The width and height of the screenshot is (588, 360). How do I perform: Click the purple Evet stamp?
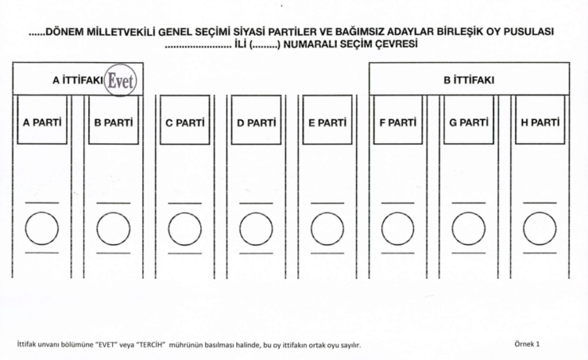[120, 80]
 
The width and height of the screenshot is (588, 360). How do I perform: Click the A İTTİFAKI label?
[78, 80]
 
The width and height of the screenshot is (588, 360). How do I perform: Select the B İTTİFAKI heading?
[469, 80]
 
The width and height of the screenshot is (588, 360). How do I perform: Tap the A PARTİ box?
[42, 120]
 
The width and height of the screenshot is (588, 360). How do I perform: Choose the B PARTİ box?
[114, 120]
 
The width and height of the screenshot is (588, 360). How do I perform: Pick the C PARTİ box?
[185, 120]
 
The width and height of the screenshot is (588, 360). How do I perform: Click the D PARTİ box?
[256, 120]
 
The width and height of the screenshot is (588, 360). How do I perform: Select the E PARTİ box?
[327, 120]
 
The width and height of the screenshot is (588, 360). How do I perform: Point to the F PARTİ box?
[398, 120]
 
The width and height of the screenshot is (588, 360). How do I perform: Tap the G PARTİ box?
[469, 120]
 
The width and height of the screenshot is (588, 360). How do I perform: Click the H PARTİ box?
[540, 120]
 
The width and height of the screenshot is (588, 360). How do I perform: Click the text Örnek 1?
[527, 344]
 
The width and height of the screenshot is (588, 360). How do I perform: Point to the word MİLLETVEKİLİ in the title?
[121, 32]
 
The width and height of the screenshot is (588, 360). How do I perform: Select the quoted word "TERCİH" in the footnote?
[153, 345]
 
